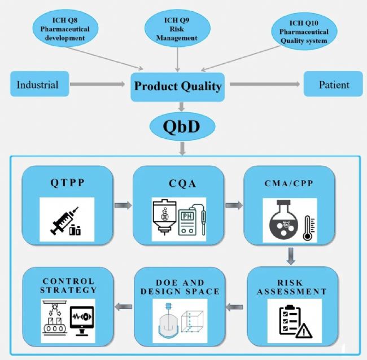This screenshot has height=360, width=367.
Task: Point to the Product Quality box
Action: point(178,87)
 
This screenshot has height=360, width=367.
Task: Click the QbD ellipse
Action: point(179,127)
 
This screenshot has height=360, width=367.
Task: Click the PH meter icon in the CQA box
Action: point(192,220)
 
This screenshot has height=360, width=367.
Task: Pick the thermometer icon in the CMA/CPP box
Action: point(308,226)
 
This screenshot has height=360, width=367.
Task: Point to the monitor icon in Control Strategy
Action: point(84,316)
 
